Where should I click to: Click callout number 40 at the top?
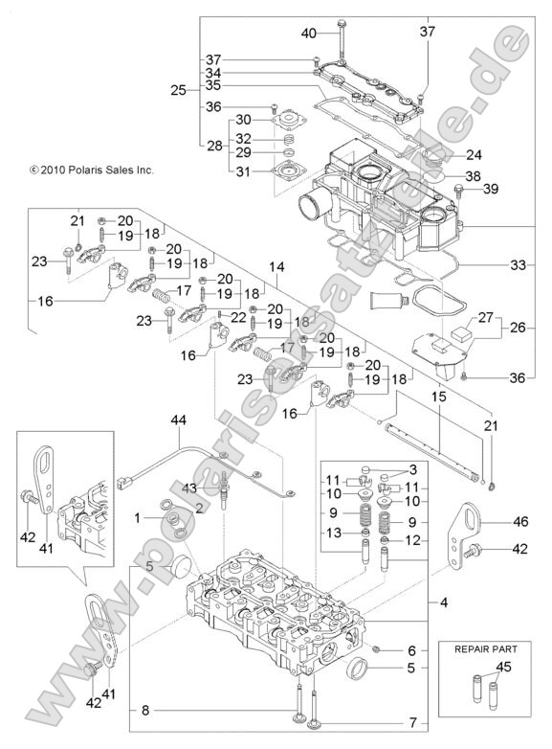[x=308, y=34]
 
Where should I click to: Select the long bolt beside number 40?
[x=342, y=38]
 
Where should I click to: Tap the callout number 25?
[x=178, y=91]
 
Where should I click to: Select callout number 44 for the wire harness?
[x=179, y=420]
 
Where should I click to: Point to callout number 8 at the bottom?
[x=144, y=710]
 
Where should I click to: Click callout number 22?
[x=238, y=317]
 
